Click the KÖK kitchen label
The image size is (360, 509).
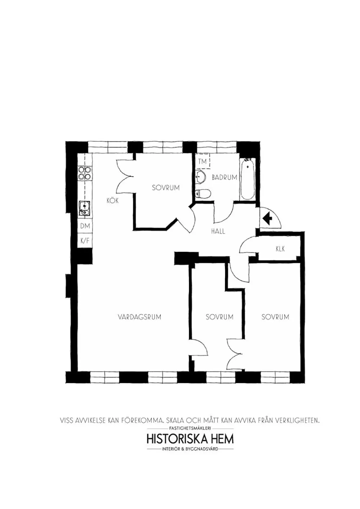[x=113, y=201]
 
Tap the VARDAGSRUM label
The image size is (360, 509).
[x=139, y=317]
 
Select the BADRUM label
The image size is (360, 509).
[x=224, y=177]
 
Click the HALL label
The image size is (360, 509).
[x=218, y=231]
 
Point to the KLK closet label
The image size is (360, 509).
[x=280, y=249]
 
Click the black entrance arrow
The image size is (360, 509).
[x=267, y=218]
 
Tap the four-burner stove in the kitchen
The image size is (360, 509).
[x=85, y=173]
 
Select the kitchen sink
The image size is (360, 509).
[x=85, y=208]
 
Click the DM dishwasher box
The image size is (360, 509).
[x=85, y=226]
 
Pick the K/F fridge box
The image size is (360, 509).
[x=85, y=241]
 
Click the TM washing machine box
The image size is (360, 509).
[x=202, y=162]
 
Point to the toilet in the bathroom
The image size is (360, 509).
[x=203, y=194]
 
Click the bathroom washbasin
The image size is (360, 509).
[x=201, y=177]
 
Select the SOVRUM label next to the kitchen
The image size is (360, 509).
[x=166, y=188]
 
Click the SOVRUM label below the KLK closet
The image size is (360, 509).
[x=275, y=317]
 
